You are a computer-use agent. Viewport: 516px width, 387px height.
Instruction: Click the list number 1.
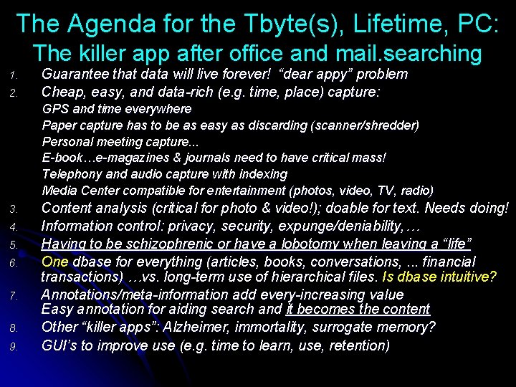click(14, 75)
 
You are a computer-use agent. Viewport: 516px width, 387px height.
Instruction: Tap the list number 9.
click(14, 347)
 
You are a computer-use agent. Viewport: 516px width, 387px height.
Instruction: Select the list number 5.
click(14, 245)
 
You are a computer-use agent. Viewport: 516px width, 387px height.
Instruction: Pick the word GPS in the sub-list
click(54, 109)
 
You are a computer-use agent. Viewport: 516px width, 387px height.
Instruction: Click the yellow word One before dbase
click(54, 262)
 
